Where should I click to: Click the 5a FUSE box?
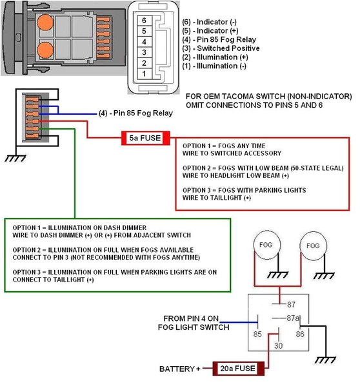145,137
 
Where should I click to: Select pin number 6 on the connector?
146,21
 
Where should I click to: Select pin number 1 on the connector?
146,75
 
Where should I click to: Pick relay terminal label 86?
300,334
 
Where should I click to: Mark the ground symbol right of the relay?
331,358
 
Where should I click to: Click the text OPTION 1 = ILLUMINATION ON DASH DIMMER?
77,228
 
